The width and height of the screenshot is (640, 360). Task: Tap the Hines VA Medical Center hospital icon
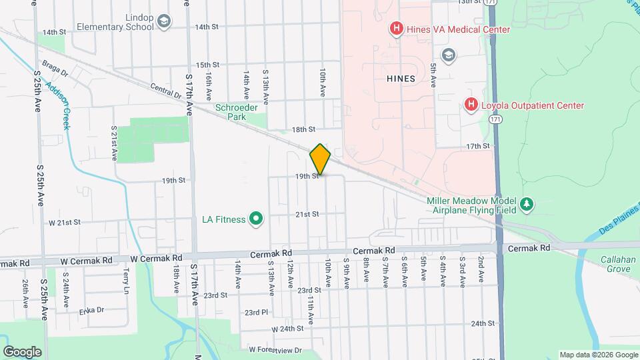397,29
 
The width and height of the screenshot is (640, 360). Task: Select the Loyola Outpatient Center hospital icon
471,105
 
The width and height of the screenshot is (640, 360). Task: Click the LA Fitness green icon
255,218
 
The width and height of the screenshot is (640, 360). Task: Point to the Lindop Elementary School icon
164,22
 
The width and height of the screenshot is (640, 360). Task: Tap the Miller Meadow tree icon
527,204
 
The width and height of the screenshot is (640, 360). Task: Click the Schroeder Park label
231,112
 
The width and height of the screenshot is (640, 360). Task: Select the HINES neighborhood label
401,79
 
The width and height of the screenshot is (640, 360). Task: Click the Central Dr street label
165,90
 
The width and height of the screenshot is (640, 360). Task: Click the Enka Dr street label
91,310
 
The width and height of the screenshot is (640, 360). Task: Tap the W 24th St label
287,329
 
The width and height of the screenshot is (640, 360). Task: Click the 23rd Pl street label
256,312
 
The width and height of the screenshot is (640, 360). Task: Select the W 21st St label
64,222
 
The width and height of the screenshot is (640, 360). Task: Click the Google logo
22,351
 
